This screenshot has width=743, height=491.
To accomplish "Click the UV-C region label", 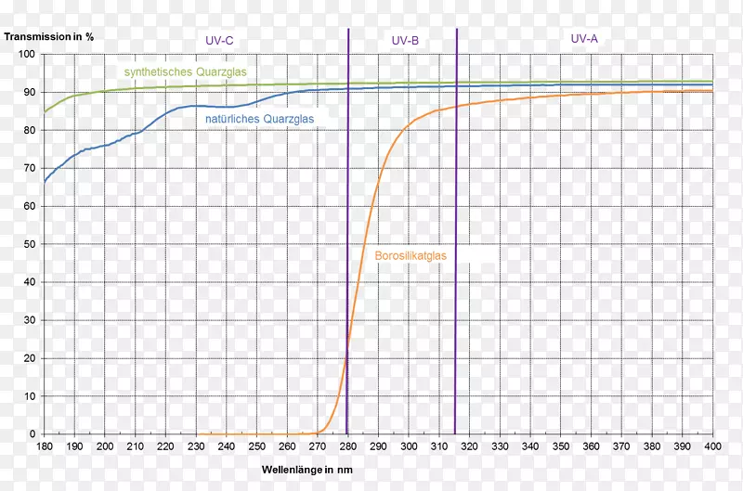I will [220, 41].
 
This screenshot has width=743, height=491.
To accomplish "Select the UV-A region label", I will [585, 39].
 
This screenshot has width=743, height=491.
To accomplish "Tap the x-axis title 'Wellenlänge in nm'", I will [307, 470].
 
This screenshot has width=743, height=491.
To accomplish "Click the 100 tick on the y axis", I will [26, 55].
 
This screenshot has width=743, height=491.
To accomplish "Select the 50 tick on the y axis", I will [29, 244].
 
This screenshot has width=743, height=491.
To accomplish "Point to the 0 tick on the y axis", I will [32, 434].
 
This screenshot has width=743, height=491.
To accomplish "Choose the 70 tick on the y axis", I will [29, 169].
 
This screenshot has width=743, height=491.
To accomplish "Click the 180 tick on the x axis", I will [45, 446].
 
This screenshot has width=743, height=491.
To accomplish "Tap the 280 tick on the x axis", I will [347, 446].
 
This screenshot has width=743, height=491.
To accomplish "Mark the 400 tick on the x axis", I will [712, 446].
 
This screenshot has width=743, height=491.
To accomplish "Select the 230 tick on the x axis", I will [196, 446].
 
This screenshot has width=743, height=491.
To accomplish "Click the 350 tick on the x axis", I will [560, 446].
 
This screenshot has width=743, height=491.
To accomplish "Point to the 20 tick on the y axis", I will [29, 358].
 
